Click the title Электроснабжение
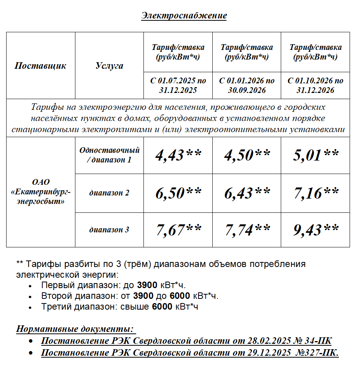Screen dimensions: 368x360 [x=184, y=15]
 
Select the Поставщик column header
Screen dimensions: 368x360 [x=40, y=66]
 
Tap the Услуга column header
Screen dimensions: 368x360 [x=109, y=66]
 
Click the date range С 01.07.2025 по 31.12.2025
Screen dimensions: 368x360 [x=178, y=85]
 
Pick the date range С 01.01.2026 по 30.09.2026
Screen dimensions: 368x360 [x=247, y=85]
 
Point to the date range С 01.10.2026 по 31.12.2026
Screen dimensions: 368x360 [x=315, y=85]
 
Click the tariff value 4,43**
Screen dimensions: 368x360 [x=178, y=155]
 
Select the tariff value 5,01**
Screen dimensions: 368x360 [x=315, y=155]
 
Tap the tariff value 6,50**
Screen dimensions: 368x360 [x=178, y=193]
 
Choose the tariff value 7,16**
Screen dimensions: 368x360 [x=315, y=193]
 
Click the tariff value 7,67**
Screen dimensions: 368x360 [x=178, y=230]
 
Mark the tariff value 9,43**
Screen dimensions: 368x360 [x=315, y=230]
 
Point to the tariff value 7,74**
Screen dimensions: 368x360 [x=247, y=230]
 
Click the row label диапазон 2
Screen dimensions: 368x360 [x=109, y=193]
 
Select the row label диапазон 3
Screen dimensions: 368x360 [x=109, y=230]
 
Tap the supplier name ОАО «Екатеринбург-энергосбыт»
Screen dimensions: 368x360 [x=41, y=192]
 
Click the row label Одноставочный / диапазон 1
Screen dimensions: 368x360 [x=109, y=155]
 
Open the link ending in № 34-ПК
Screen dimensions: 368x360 [x=186, y=341]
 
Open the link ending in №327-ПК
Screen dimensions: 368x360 [x=190, y=353]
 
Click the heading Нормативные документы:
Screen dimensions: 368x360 [x=75, y=329]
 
